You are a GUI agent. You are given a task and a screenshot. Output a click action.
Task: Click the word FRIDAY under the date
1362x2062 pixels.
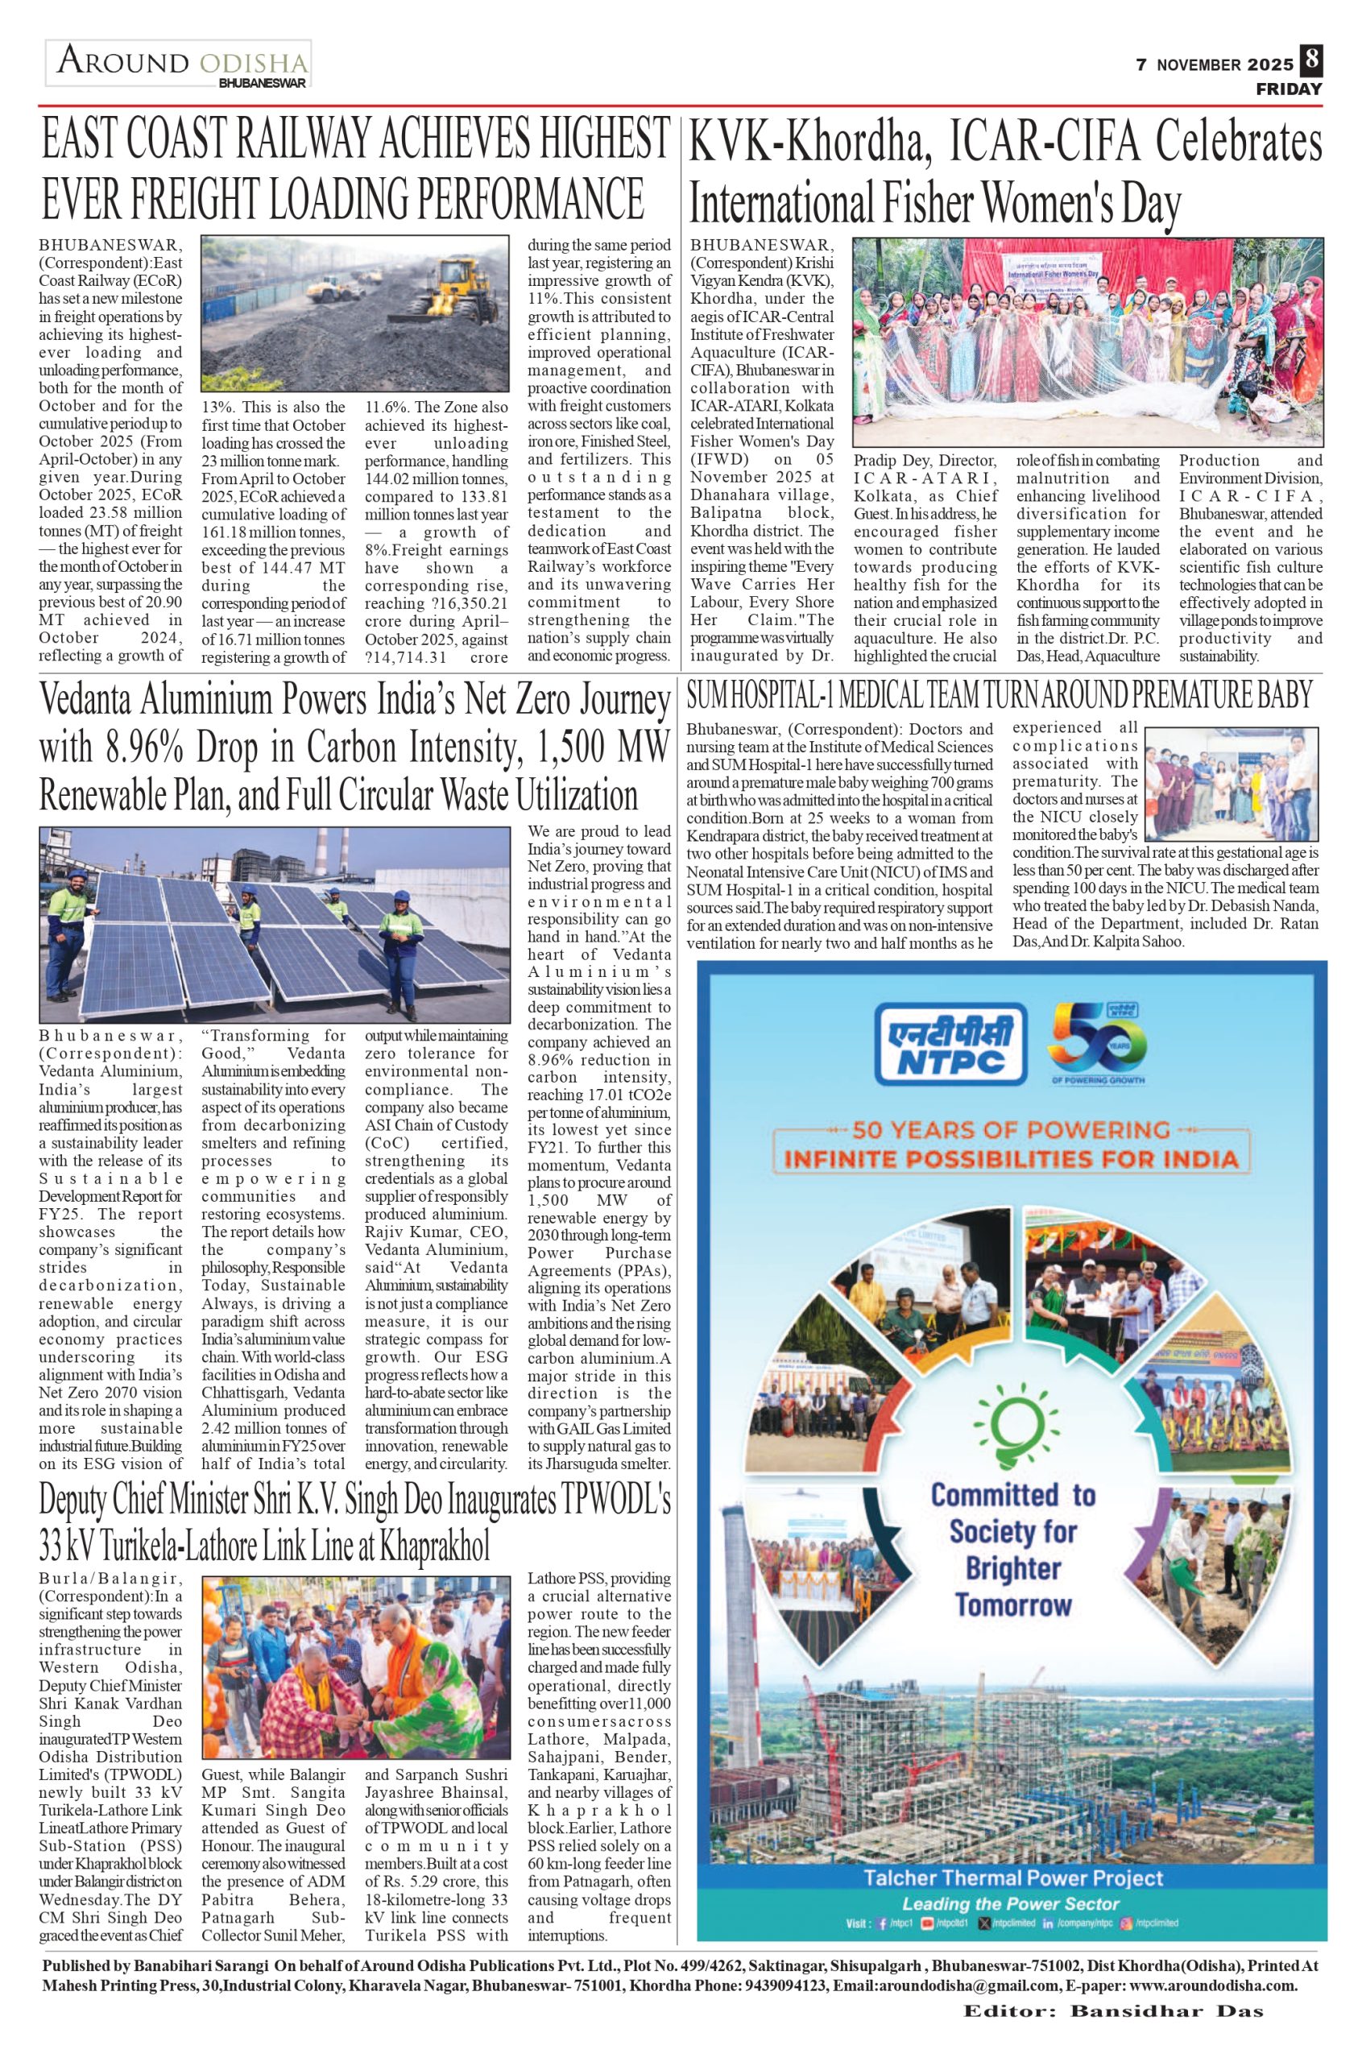1289,89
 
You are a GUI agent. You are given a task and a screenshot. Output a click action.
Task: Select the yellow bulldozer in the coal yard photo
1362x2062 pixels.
443,287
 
